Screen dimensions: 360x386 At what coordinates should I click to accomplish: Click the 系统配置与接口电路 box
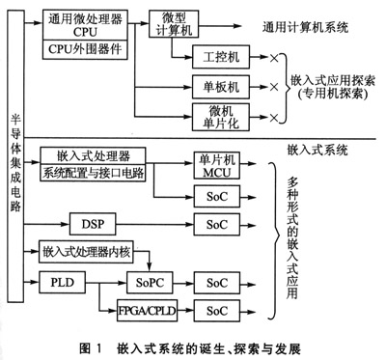(x=94, y=174)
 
